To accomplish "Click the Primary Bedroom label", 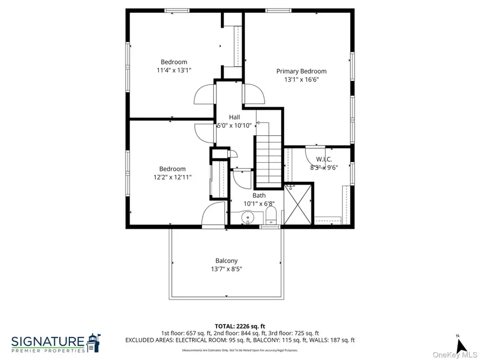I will tap(301, 71).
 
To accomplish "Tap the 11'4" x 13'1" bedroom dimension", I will tap(174, 70).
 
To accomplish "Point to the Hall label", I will tap(234, 117).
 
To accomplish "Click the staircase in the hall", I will tap(268, 159).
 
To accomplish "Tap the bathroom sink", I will tap(247, 218).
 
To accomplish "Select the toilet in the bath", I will tap(270, 216).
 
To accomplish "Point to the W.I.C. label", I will tap(324, 159).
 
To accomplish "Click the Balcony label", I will tap(227, 260).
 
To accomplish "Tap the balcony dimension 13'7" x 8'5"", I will tap(227, 269).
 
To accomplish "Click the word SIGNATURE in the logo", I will tap(48, 341).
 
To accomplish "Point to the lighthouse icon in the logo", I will tap(94, 343).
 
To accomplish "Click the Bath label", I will tap(259, 195).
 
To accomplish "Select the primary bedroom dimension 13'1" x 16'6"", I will tap(301, 79).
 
